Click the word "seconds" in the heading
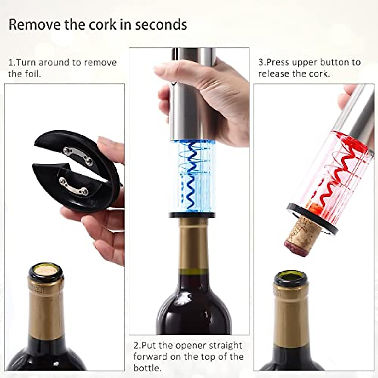[161, 25]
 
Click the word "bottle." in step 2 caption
[147, 368]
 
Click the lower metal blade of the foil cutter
[73, 186]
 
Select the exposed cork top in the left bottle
[46, 270]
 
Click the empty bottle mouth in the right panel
[290, 277]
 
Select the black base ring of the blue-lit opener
[192, 215]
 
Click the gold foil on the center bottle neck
[193, 246]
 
